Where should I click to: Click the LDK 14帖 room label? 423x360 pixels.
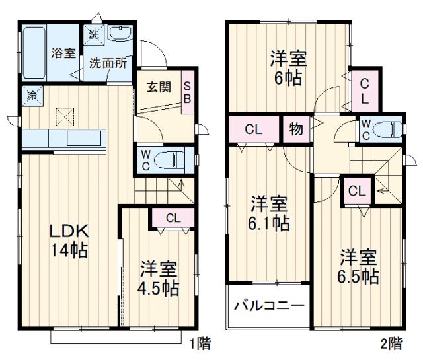(70, 240)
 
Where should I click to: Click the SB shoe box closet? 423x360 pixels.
(188, 92)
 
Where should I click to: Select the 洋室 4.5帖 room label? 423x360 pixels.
(159, 278)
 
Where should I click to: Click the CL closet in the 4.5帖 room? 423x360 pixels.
(171, 217)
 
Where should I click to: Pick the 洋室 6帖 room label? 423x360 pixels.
(286, 68)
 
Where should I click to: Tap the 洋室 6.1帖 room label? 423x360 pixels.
(268, 213)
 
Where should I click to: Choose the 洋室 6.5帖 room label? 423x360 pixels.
(359, 266)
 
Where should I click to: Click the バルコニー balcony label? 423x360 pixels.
(269, 306)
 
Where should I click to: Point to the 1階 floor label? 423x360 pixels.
(200, 343)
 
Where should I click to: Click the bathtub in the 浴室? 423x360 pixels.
(34, 52)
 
